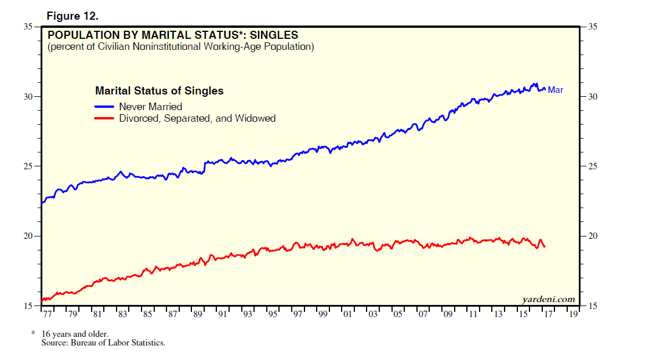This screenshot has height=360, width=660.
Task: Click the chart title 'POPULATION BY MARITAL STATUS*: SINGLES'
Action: [173, 35]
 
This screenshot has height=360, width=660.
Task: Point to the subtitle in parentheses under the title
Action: [181, 46]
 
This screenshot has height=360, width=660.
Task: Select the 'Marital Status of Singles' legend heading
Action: [159, 91]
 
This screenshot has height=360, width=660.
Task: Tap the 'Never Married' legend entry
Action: [150, 107]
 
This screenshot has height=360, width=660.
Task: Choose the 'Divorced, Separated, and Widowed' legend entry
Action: [197, 118]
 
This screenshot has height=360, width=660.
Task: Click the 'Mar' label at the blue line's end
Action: [556, 90]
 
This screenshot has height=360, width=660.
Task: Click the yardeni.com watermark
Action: [548, 299]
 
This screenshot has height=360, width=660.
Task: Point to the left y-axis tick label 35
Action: [28, 27]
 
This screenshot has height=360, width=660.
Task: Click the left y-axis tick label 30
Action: [28, 97]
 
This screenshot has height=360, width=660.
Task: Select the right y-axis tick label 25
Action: [593, 166]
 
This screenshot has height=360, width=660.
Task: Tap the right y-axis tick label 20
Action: [593, 237]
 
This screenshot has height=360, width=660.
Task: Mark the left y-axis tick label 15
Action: [28, 306]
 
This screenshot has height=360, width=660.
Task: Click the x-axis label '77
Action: [48, 315]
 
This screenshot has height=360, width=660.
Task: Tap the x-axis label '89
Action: [198, 315]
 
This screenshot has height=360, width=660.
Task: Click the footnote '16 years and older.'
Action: [74, 334]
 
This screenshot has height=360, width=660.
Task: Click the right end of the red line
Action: [545, 247]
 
